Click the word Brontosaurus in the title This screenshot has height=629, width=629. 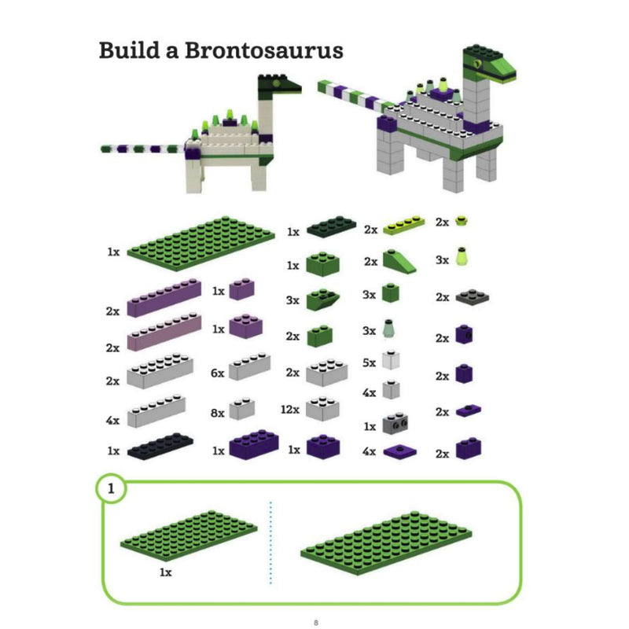pos(256,51)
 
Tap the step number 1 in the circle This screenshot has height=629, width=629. pos(112,489)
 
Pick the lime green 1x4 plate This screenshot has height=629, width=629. pos(408,226)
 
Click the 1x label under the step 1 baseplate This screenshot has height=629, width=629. pos(165,572)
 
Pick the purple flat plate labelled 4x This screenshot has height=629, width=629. pos(399,452)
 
